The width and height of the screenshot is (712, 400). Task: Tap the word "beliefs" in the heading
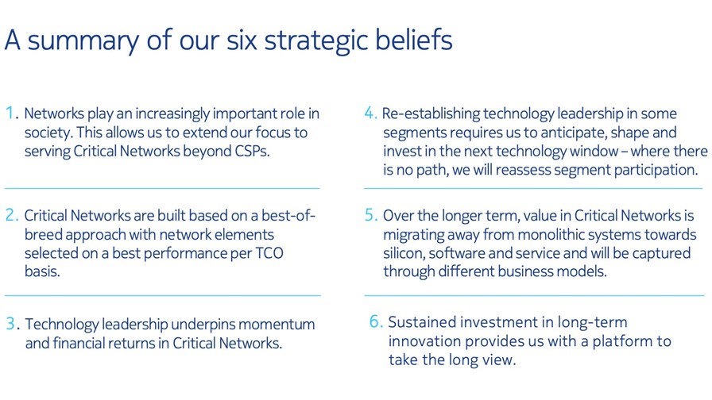pos(414,40)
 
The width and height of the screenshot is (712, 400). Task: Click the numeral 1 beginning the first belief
pos(9,113)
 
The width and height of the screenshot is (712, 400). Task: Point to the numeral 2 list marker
pos(10,215)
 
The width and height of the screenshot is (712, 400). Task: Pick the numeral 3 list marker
pos(10,323)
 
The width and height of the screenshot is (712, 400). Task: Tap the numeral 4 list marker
pos(370,113)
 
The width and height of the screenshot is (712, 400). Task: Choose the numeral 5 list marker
pos(370,215)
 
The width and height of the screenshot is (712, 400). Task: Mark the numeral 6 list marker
pos(375,321)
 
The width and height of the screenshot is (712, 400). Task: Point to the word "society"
pos(47,133)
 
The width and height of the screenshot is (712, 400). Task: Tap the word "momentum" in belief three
pos(276,325)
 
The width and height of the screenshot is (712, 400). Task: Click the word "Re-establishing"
pos(431,113)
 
